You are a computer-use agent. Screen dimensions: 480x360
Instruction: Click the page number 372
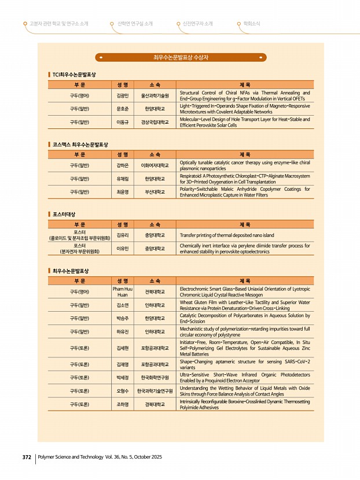coord(26,457)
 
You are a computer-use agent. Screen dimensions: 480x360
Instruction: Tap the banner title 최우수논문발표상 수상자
coord(181,57)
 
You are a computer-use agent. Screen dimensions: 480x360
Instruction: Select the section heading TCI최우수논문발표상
coord(74,75)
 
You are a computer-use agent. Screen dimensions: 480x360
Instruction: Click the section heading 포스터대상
coord(64,214)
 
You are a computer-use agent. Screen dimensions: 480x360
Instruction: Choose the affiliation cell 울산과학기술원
coord(155,95)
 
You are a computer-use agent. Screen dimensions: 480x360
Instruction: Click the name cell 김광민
coord(122,95)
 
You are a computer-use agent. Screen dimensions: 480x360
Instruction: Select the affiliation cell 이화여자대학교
coord(155,165)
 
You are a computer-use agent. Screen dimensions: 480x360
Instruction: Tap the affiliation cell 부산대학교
coord(155,191)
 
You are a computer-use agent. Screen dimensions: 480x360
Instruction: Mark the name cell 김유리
coord(122,235)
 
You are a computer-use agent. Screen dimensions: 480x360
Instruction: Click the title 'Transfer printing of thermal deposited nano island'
coord(226,235)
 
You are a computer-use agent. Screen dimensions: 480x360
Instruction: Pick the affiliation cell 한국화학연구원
coord(155,378)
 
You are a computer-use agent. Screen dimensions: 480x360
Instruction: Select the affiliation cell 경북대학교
coord(155,404)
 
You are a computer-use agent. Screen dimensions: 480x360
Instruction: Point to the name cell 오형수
coord(122,391)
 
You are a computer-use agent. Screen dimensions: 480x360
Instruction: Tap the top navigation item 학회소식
coord(251,24)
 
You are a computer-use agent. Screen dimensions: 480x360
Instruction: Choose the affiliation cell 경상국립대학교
coord(155,122)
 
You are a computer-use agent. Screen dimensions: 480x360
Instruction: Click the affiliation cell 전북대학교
coord(155,291)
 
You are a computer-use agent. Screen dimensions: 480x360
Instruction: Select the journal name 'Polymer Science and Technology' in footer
coord(72,457)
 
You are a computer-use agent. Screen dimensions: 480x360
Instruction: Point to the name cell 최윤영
coord(122,191)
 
